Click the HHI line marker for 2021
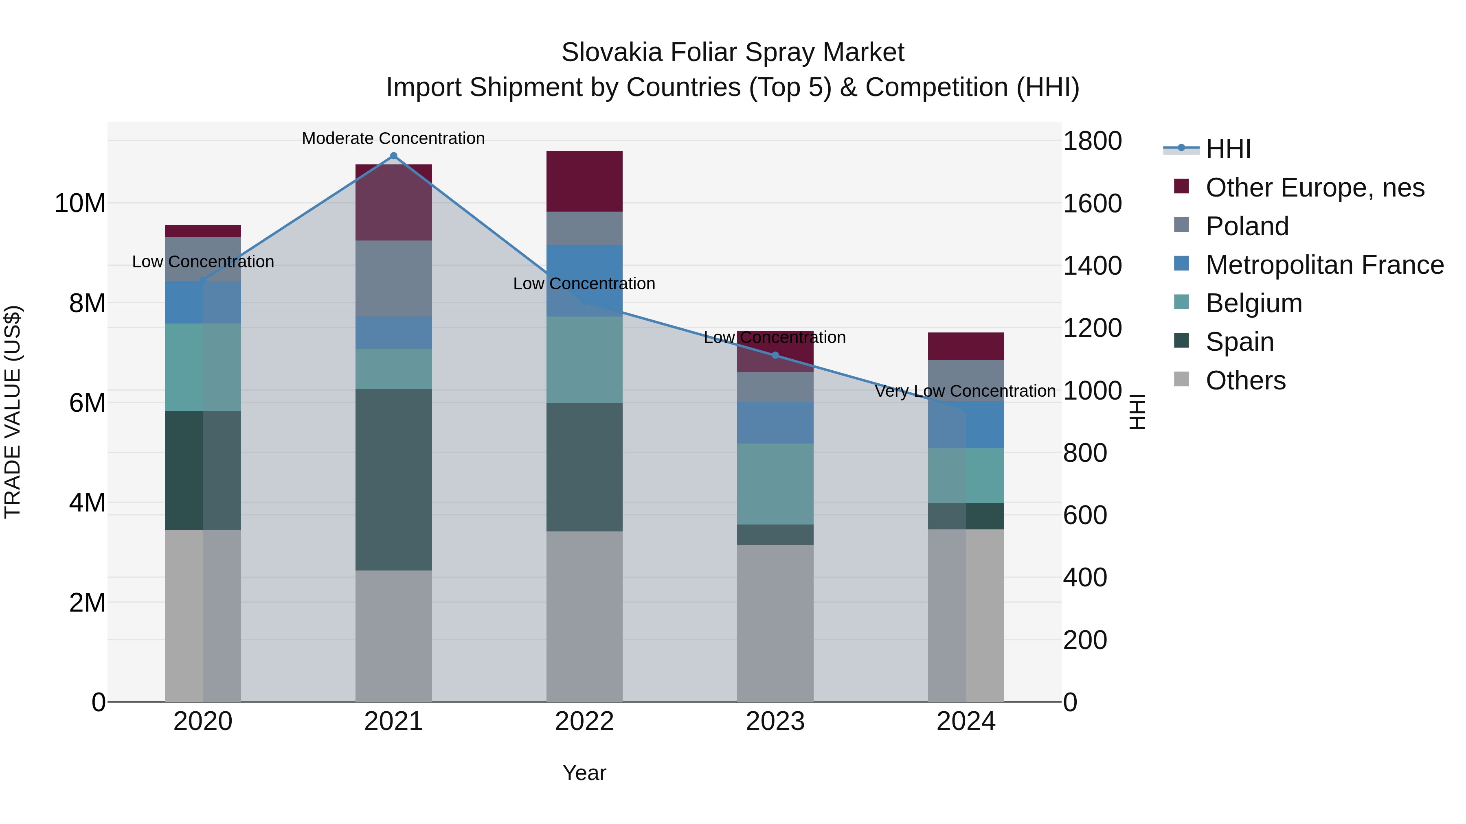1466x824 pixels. [x=393, y=156]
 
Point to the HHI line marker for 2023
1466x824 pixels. [x=775, y=355]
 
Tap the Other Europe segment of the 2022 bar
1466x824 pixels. [x=584, y=181]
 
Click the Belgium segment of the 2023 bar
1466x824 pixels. [x=775, y=484]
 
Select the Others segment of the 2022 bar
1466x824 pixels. [x=584, y=616]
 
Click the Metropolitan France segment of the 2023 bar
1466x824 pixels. [x=775, y=422]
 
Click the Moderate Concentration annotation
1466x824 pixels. [x=393, y=138]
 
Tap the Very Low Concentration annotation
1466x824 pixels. [x=965, y=391]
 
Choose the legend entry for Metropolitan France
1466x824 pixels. [x=1324, y=265]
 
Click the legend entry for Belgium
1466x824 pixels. [x=1254, y=303]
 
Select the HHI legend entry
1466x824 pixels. [x=1228, y=149]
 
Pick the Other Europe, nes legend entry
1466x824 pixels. [x=1315, y=188]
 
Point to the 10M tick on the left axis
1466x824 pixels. [x=80, y=203]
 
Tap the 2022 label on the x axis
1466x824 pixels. [x=584, y=721]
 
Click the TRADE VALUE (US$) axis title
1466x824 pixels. [x=13, y=412]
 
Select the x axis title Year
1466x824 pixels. [x=584, y=773]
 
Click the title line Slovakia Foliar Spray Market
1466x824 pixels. [x=733, y=52]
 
